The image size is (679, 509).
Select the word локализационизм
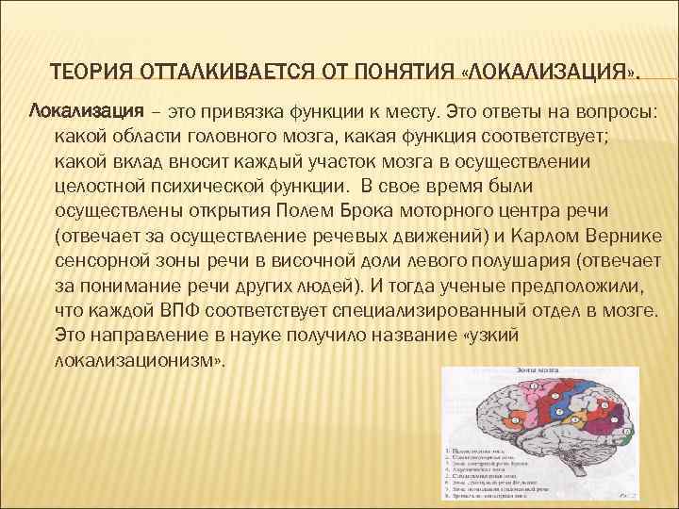(x=138, y=360)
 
